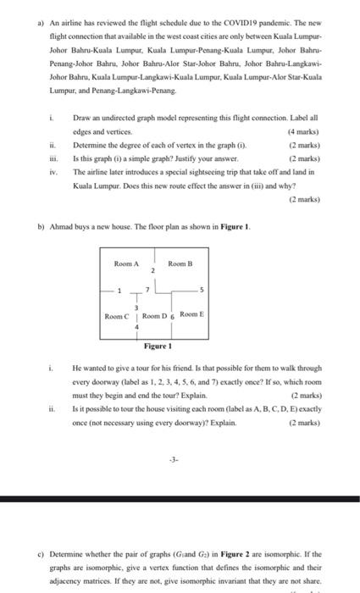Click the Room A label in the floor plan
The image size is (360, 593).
(126, 263)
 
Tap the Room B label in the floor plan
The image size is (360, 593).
(181, 263)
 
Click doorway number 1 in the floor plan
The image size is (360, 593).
(119, 291)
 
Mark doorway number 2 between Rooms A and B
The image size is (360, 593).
(152, 273)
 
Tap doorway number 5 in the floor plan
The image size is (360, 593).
(202, 291)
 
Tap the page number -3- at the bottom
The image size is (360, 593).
(173, 462)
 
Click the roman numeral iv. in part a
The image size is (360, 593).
(52, 169)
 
